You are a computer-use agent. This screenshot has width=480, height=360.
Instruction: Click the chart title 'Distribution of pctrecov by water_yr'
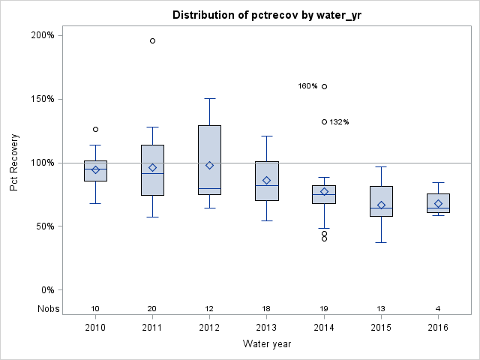(267, 15)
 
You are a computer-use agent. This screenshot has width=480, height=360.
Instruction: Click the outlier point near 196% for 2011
(152, 40)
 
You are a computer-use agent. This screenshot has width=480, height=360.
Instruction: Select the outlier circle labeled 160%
(324, 86)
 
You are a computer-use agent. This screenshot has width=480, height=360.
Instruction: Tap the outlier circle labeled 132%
(324, 121)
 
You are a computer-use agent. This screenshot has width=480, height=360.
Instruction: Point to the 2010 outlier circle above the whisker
(95, 129)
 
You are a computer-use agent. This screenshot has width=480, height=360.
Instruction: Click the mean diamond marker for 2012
(209, 165)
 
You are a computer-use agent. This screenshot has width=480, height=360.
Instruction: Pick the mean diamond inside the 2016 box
(438, 203)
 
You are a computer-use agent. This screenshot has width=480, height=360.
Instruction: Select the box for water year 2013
(267, 181)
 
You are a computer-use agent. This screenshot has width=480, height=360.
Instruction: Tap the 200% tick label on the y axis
(41, 35)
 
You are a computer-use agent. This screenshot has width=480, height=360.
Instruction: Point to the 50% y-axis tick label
(43, 226)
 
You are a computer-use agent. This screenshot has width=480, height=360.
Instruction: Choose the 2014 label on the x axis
(324, 328)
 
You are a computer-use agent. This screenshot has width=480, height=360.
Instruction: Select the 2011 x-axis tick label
(152, 328)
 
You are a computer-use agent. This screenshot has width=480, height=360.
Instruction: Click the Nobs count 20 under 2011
(152, 309)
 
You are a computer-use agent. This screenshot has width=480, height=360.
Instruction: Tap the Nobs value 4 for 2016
(438, 309)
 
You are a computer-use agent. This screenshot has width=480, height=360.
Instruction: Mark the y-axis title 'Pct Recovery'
(14, 163)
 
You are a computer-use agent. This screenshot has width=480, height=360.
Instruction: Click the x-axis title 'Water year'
(267, 344)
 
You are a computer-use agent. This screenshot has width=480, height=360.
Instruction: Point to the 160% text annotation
(307, 86)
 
